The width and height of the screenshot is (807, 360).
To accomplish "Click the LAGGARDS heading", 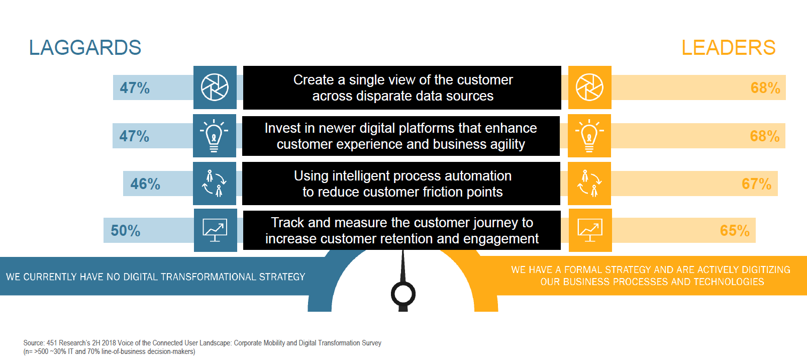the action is pyautogui.click(x=85, y=48).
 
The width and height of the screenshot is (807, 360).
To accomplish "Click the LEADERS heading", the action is pyautogui.click(x=729, y=48).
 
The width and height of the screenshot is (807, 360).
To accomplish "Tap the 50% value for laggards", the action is pyautogui.click(x=126, y=231).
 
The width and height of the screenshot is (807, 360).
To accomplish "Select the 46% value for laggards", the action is pyautogui.click(x=145, y=184).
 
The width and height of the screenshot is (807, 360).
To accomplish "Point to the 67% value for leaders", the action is pyautogui.click(x=757, y=184).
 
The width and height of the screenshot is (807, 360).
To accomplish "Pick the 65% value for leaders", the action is pyautogui.click(x=735, y=231).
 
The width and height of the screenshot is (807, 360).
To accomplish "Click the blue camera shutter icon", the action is pyautogui.click(x=215, y=87).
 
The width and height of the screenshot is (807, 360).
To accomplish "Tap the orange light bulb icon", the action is pyautogui.click(x=589, y=136).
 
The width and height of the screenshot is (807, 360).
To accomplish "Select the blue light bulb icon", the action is pyautogui.click(x=214, y=136).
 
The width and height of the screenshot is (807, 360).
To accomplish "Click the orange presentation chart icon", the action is pyautogui.click(x=590, y=230).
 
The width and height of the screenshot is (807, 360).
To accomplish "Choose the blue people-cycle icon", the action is pyautogui.click(x=215, y=184).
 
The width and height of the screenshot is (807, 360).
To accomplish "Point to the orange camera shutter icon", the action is pyautogui.click(x=589, y=87).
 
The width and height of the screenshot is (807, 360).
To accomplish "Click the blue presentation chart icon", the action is pyautogui.click(x=215, y=230).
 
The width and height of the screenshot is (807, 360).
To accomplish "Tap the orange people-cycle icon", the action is pyautogui.click(x=589, y=184).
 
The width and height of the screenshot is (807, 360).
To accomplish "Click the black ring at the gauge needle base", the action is pyautogui.click(x=403, y=294).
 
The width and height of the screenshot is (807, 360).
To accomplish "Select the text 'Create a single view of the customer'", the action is pyautogui.click(x=403, y=79).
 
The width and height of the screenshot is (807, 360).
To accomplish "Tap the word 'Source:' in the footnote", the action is pyautogui.click(x=34, y=343).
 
